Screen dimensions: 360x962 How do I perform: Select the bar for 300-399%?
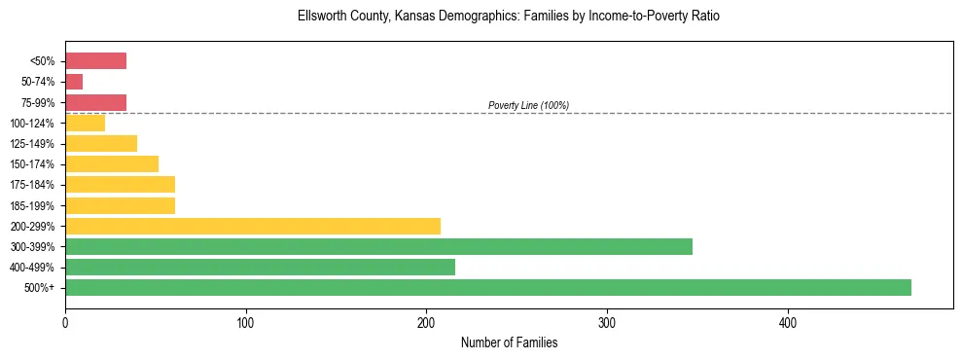pyautogui.click(x=378, y=246)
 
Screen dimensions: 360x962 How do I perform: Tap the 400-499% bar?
pyautogui.click(x=260, y=267)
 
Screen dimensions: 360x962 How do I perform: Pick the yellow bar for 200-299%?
pyautogui.click(x=253, y=226)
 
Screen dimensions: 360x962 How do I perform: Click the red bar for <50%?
pyautogui.click(x=95, y=61)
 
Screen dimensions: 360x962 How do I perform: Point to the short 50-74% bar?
pyautogui.click(x=74, y=82)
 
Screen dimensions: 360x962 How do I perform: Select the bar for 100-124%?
pyautogui.click(x=85, y=123)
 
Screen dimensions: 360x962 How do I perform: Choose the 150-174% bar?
pyautogui.click(x=112, y=163)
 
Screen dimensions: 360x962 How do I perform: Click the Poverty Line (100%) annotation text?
pyautogui.click(x=528, y=105)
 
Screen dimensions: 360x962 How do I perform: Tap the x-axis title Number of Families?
pyautogui.click(x=509, y=342)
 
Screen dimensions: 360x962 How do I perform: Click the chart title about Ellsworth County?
pyautogui.click(x=509, y=17)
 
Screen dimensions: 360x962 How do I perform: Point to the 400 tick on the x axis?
pyautogui.click(x=788, y=322)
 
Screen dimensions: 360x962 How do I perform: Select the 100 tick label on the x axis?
pyautogui.click(x=246, y=322)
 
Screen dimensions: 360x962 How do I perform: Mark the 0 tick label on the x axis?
pyautogui.click(x=65, y=322)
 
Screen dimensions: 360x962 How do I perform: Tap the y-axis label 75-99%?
pyautogui.click(x=37, y=103)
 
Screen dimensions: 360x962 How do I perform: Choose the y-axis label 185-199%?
pyautogui.click(x=32, y=206)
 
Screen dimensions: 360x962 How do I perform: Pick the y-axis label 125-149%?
pyautogui.click(x=32, y=144)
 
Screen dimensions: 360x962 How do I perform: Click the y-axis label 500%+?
pyautogui.click(x=40, y=288)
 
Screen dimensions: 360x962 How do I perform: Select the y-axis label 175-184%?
pyautogui.click(x=32, y=185)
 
